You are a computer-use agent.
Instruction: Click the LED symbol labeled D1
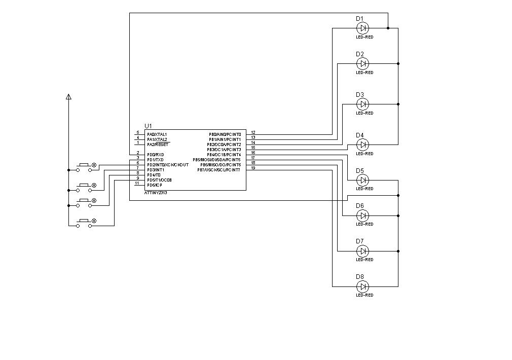tap(362, 28)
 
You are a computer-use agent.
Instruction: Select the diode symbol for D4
tap(362, 145)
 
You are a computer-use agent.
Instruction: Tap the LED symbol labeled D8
tap(362, 286)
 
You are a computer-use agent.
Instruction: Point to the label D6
tap(360, 206)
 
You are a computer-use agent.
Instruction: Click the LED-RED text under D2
tap(364, 73)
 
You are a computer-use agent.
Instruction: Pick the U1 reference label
tap(148, 126)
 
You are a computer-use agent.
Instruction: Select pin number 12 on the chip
tap(253, 132)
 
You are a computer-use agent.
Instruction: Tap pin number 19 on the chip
tap(253, 168)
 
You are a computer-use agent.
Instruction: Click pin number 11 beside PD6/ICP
tap(137, 183)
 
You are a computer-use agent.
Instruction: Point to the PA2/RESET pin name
tap(157, 145)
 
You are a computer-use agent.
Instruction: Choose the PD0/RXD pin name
tap(156, 155)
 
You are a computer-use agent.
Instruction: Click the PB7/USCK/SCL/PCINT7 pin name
tap(219, 170)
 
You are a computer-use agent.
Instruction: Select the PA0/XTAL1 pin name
tap(157, 134)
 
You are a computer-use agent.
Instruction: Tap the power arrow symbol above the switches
tap(68, 96)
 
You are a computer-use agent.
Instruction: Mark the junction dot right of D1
tap(388, 28)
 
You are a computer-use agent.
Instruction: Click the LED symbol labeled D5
tap(362, 180)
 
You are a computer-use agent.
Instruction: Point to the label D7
tap(360, 241)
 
